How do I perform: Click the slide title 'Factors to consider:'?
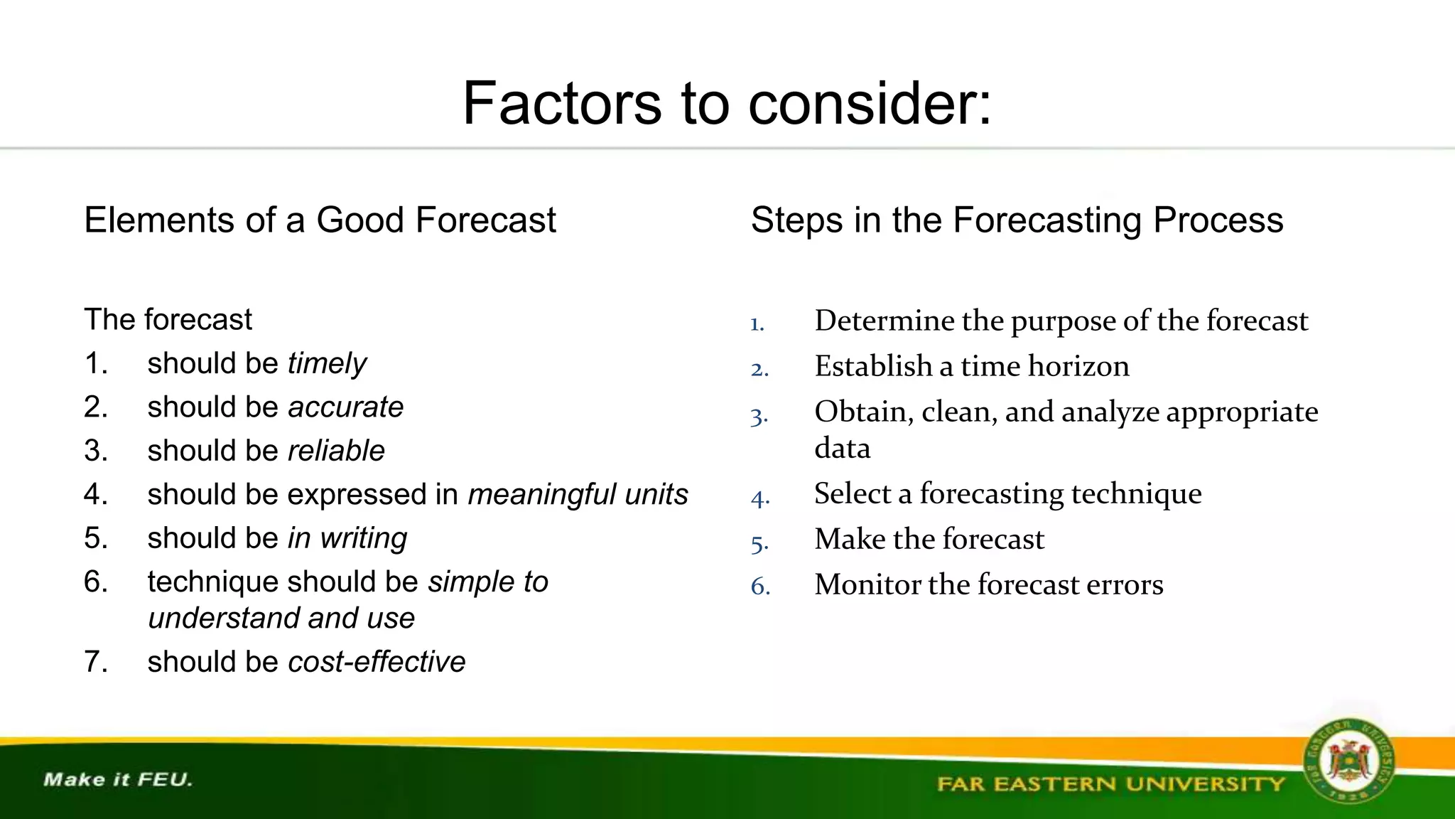coord(727,104)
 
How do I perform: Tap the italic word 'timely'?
coord(327,364)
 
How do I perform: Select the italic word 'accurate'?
coord(345,407)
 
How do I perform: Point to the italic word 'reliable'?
coord(336,451)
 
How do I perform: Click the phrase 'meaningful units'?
coord(578,495)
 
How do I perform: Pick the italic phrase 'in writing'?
coord(347,539)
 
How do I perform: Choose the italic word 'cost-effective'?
coord(377,662)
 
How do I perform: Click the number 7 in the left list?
coord(95,662)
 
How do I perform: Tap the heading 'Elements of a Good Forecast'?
coord(320,220)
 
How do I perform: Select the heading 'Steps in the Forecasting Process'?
coord(1017,220)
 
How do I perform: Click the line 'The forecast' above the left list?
coord(168,320)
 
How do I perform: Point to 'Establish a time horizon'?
coord(971,366)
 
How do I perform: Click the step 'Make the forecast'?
coord(929,539)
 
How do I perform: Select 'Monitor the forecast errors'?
coord(988,584)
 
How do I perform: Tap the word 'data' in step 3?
coord(842,449)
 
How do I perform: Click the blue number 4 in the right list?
coord(759,498)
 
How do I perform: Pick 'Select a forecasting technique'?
coord(1007,493)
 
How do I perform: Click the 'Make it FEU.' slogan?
coord(118,780)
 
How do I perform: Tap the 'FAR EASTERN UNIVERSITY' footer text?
coord(1110,784)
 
